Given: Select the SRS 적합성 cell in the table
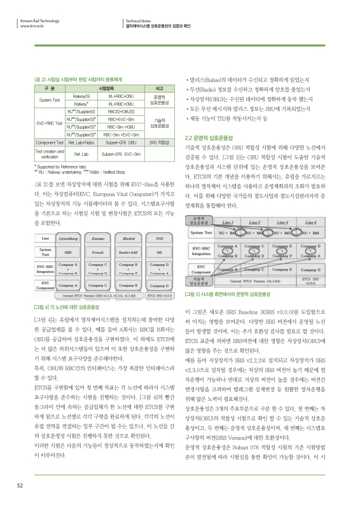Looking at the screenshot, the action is pos(156,143).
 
